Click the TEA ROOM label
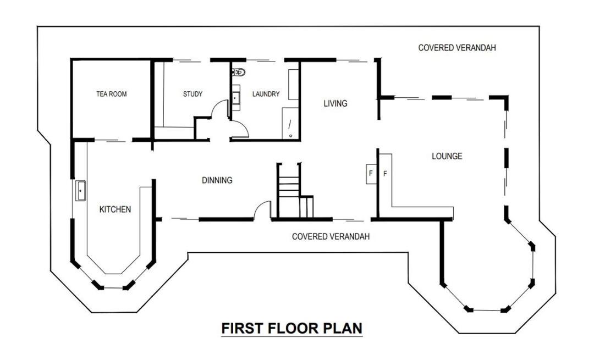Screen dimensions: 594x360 (x=111, y=94)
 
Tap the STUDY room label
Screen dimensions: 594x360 (x=193, y=94)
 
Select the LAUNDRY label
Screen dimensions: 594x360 (x=266, y=94)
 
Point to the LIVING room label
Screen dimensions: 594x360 (x=335, y=103)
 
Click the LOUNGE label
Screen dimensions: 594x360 (x=447, y=156)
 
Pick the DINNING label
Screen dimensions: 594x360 (x=217, y=180)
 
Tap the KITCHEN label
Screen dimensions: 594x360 (x=115, y=209)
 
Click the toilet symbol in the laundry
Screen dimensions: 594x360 (x=239, y=71)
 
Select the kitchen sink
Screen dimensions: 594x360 (x=80, y=191)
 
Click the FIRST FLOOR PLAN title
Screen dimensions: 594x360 (x=291, y=328)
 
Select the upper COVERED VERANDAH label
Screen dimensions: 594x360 (x=457, y=48)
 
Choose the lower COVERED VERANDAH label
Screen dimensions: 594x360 (x=331, y=236)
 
